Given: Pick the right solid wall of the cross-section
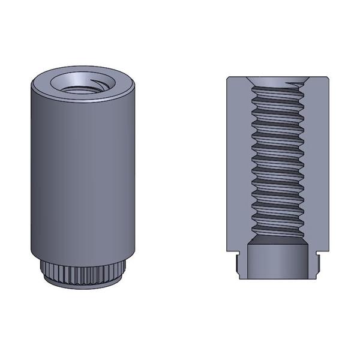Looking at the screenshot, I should coord(319,162).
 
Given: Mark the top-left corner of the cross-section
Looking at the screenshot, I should coord(228,79).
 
